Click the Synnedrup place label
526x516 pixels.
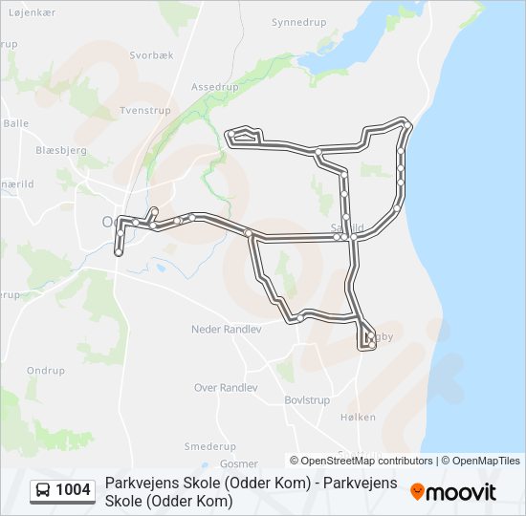pyautogui.click(x=299, y=21)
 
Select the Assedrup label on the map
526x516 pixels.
pyautogui.click(x=213, y=86)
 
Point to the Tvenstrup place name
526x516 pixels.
pyautogui.click(x=144, y=111)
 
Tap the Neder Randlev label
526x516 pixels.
pyautogui.click(x=226, y=329)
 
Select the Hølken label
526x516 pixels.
pyautogui.click(x=357, y=418)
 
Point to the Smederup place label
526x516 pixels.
pyautogui.click(x=209, y=446)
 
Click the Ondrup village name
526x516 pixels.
pyautogui.click(x=46, y=371)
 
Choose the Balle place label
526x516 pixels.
pyautogui.click(x=16, y=123)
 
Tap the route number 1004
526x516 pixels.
pyautogui.click(x=74, y=490)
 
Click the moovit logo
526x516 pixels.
pyautogui.click(x=453, y=492)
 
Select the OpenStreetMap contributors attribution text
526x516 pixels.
pyautogui.click(x=362, y=461)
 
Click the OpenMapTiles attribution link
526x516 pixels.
pyautogui.click(x=480, y=461)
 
